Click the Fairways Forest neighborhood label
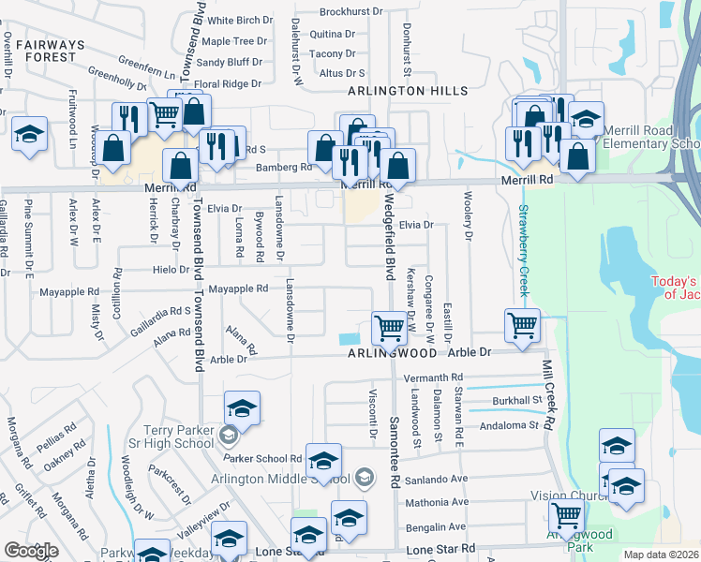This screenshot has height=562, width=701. point(44,51)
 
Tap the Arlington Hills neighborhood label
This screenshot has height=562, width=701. point(407,91)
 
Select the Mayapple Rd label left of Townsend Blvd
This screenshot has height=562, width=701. point(68,292)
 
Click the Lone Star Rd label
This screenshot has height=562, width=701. point(440,548)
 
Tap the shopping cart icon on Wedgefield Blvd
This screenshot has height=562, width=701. point(389,328)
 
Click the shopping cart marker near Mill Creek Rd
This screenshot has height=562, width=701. point(522,325)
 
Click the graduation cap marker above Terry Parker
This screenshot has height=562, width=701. point(242,408)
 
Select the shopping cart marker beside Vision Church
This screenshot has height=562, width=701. point(566,515)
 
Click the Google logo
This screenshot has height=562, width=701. point(31,551)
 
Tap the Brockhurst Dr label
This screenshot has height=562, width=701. point(351,12)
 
